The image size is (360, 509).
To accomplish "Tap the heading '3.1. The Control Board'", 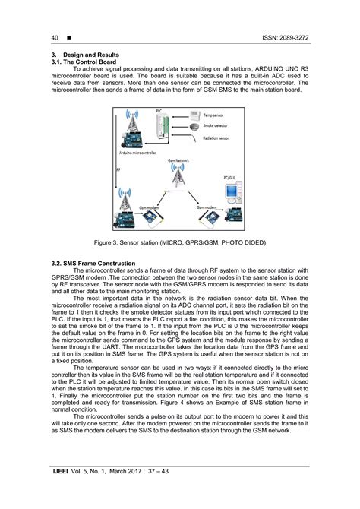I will tap(82, 64).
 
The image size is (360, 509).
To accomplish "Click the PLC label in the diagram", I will tap(159, 111).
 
